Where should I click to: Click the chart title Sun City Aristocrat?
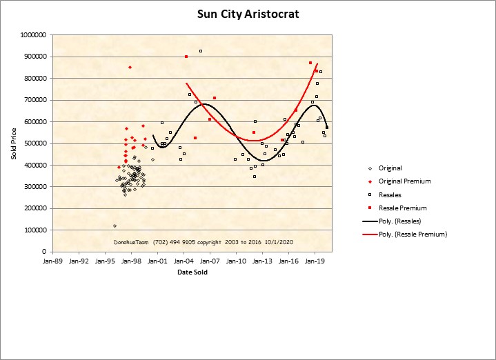(248, 14)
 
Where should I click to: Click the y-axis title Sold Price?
(13, 143)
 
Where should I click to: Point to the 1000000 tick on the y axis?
(34, 34)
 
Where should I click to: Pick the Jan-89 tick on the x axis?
(52, 261)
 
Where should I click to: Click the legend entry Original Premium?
(404, 181)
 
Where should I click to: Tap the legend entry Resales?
(390, 194)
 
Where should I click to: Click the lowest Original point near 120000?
(115, 226)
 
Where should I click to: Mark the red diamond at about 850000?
(130, 67)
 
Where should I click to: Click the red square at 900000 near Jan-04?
(186, 57)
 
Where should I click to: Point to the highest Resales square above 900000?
(201, 51)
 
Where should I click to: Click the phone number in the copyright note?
(165, 242)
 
